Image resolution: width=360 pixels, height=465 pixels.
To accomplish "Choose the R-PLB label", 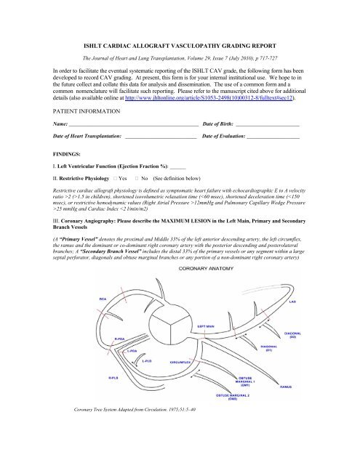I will (114, 379).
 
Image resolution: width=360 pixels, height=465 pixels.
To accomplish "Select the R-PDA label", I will (121, 338).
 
